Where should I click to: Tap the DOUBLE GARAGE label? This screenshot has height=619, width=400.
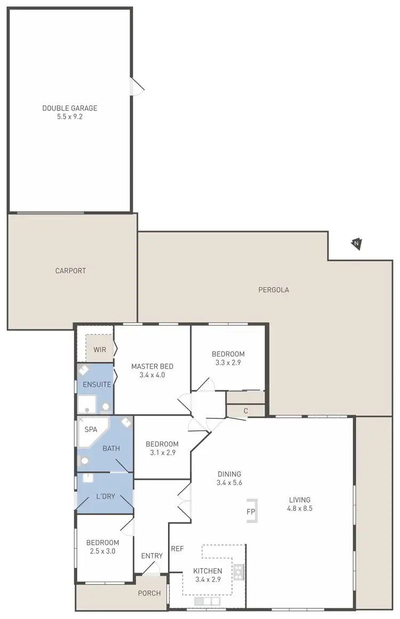pyautogui.click(x=70, y=108)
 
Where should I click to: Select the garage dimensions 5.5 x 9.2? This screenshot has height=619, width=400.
pyautogui.click(x=70, y=116)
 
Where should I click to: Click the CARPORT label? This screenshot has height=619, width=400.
pyautogui.click(x=70, y=271)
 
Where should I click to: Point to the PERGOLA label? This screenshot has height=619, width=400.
pyautogui.click(x=274, y=290)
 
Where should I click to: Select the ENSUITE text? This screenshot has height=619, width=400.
pyautogui.click(x=97, y=384)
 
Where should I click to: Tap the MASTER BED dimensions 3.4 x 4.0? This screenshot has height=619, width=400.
pyautogui.click(x=153, y=375)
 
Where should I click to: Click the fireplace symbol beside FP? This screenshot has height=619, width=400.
pyautogui.click(x=252, y=512)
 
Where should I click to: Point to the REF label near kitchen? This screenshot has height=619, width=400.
pyautogui.click(x=177, y=548)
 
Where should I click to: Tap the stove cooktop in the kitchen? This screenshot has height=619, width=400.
pyautogui.click(x=238, y=573)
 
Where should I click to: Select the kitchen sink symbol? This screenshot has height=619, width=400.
pyautogui.click(x=207, y=601)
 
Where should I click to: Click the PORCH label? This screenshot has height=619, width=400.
pyautogui.click(x=149, y=593)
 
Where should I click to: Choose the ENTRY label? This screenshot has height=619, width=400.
pyautogui.click(x=152, y=556)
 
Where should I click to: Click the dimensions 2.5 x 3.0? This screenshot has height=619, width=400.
pyautogui.click(x=101, y=551)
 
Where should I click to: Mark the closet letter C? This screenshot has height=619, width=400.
pyautogui.click(x=246, y=410)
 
